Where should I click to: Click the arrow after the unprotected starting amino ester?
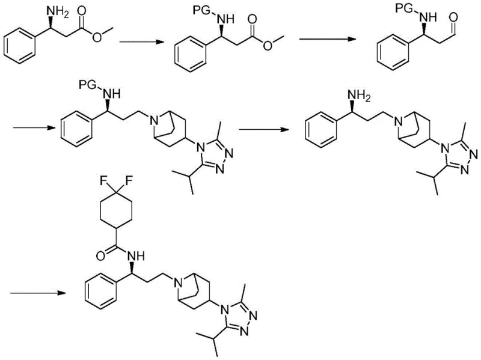coord(136,42)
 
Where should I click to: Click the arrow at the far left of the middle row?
coord(30,127)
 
